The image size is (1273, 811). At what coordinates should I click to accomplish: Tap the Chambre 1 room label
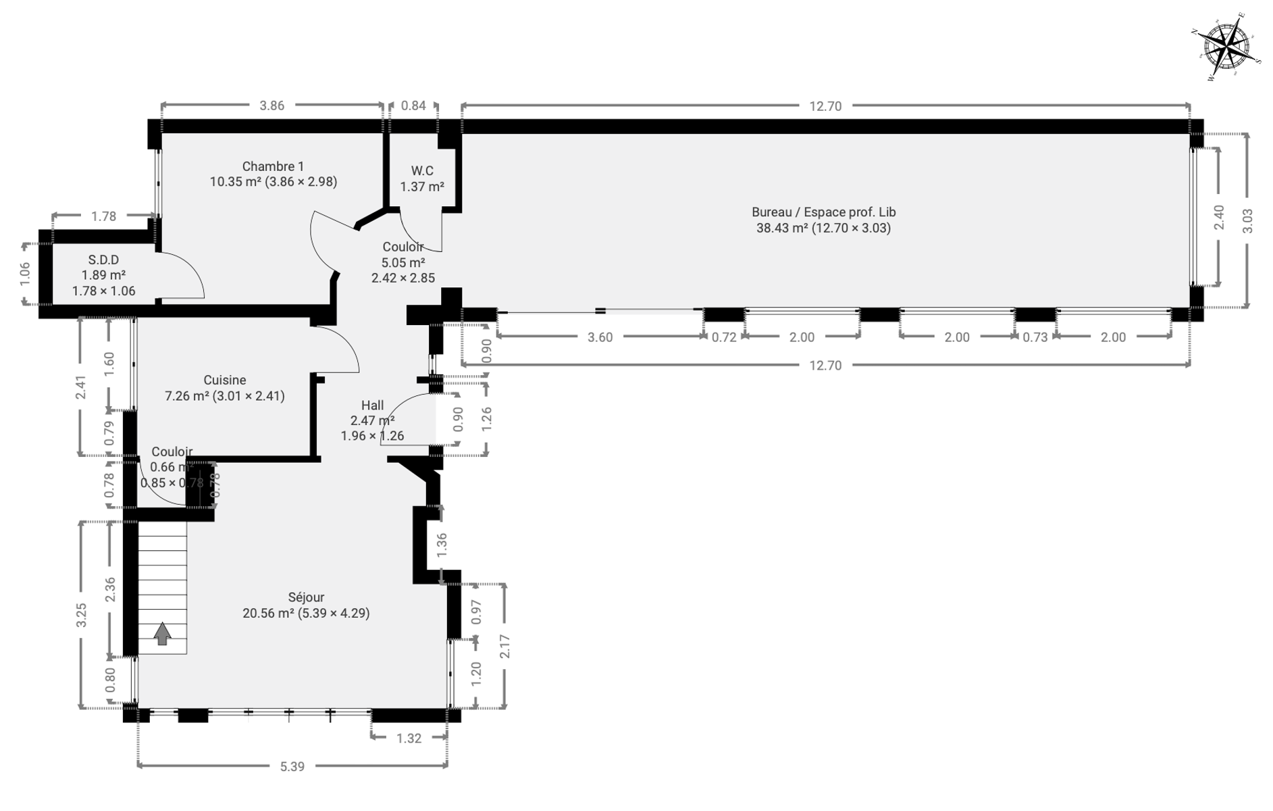pos(273,166)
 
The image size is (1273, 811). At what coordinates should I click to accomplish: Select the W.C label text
pos(422,171)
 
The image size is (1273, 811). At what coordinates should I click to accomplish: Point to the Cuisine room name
pos(225,380)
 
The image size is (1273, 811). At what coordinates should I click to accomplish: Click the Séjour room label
pos(306,597)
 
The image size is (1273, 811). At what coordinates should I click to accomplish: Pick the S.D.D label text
pos(103,260)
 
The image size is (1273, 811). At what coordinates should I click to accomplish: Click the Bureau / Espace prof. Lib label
pos(823,212)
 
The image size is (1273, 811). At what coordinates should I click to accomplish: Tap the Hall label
pos(372,405)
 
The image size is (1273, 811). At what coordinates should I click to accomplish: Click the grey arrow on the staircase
pos(162,634)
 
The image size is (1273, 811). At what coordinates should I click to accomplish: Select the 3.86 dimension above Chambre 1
pos(271,105)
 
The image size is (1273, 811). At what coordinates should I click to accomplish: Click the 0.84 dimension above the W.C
pos(413,105)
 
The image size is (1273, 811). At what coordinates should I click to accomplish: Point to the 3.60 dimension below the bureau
pos(600,337)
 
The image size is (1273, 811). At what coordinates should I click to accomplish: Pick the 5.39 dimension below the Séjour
pos(292,766)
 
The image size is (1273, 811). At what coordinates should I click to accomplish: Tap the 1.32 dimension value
pos(409,739)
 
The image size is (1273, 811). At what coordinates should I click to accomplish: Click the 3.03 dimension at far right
pos(1247,221)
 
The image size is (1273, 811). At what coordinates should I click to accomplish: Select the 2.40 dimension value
pos(1219,217)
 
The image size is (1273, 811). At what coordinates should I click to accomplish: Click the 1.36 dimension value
pos(442,545)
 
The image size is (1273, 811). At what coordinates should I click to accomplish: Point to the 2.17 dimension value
pos(504,647)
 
